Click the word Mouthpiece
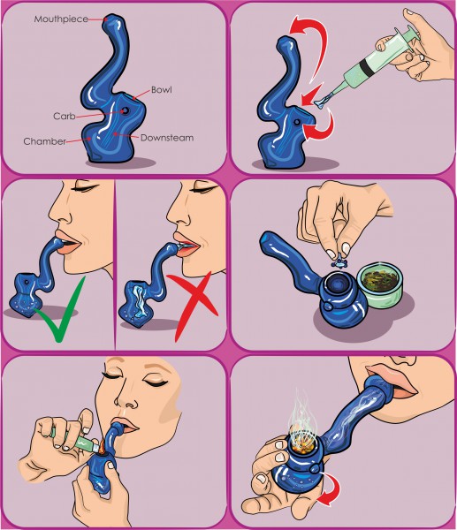[x=61, y=19]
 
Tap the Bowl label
[x=162, y=90]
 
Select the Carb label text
[x=65, y=117]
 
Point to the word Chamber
[x=45, y=141]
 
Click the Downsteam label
[x=167, y=138]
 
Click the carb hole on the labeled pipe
[x=126, y=110]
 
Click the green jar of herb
[x=380, y=284]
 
